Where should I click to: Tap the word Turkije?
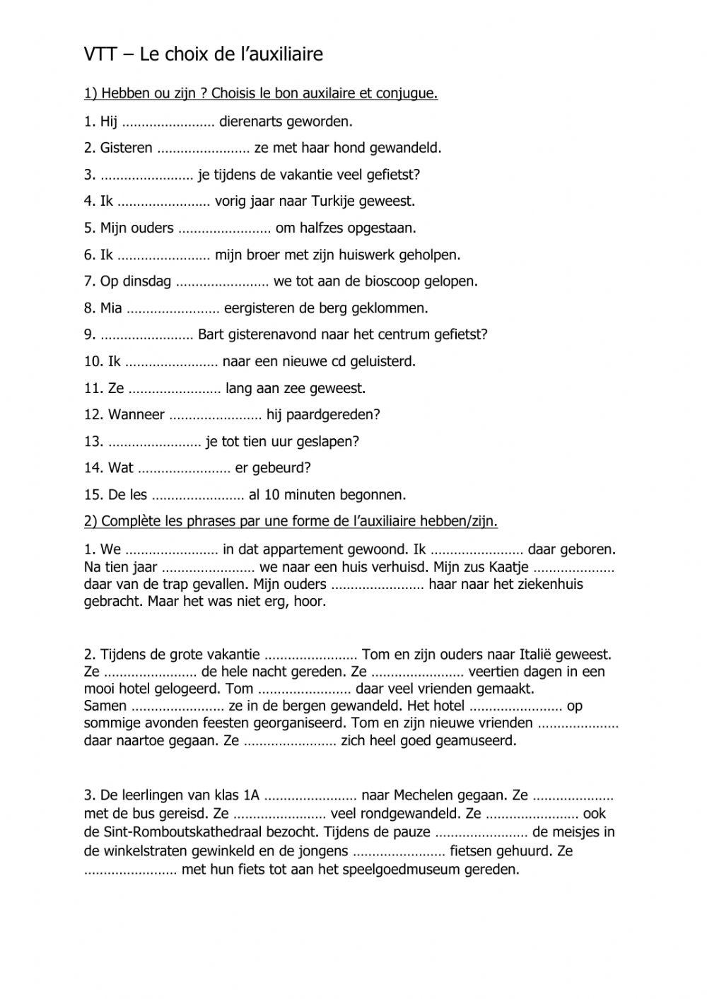[x=329, y=201]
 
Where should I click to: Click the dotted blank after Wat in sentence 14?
[x=184, y=469]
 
